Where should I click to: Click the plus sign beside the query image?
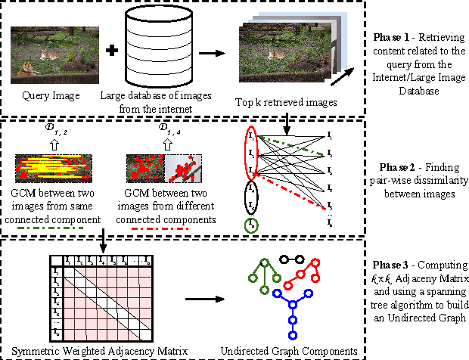111,52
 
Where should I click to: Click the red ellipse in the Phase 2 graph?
251,154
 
